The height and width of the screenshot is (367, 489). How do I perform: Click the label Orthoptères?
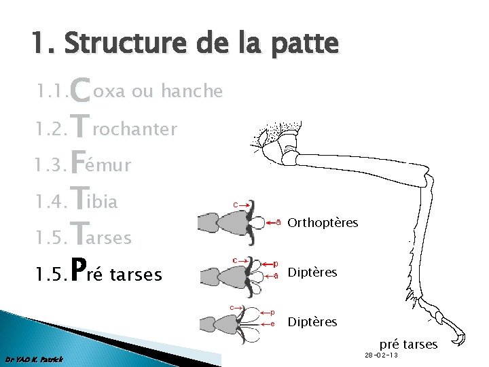coord(323,223)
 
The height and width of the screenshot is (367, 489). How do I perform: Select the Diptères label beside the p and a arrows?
coord(312,273)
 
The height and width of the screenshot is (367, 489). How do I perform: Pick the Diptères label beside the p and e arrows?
coord(312,321)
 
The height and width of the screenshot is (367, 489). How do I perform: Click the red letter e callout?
coord(273,324)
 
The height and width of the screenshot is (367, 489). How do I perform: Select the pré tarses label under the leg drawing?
coord(408,344)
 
